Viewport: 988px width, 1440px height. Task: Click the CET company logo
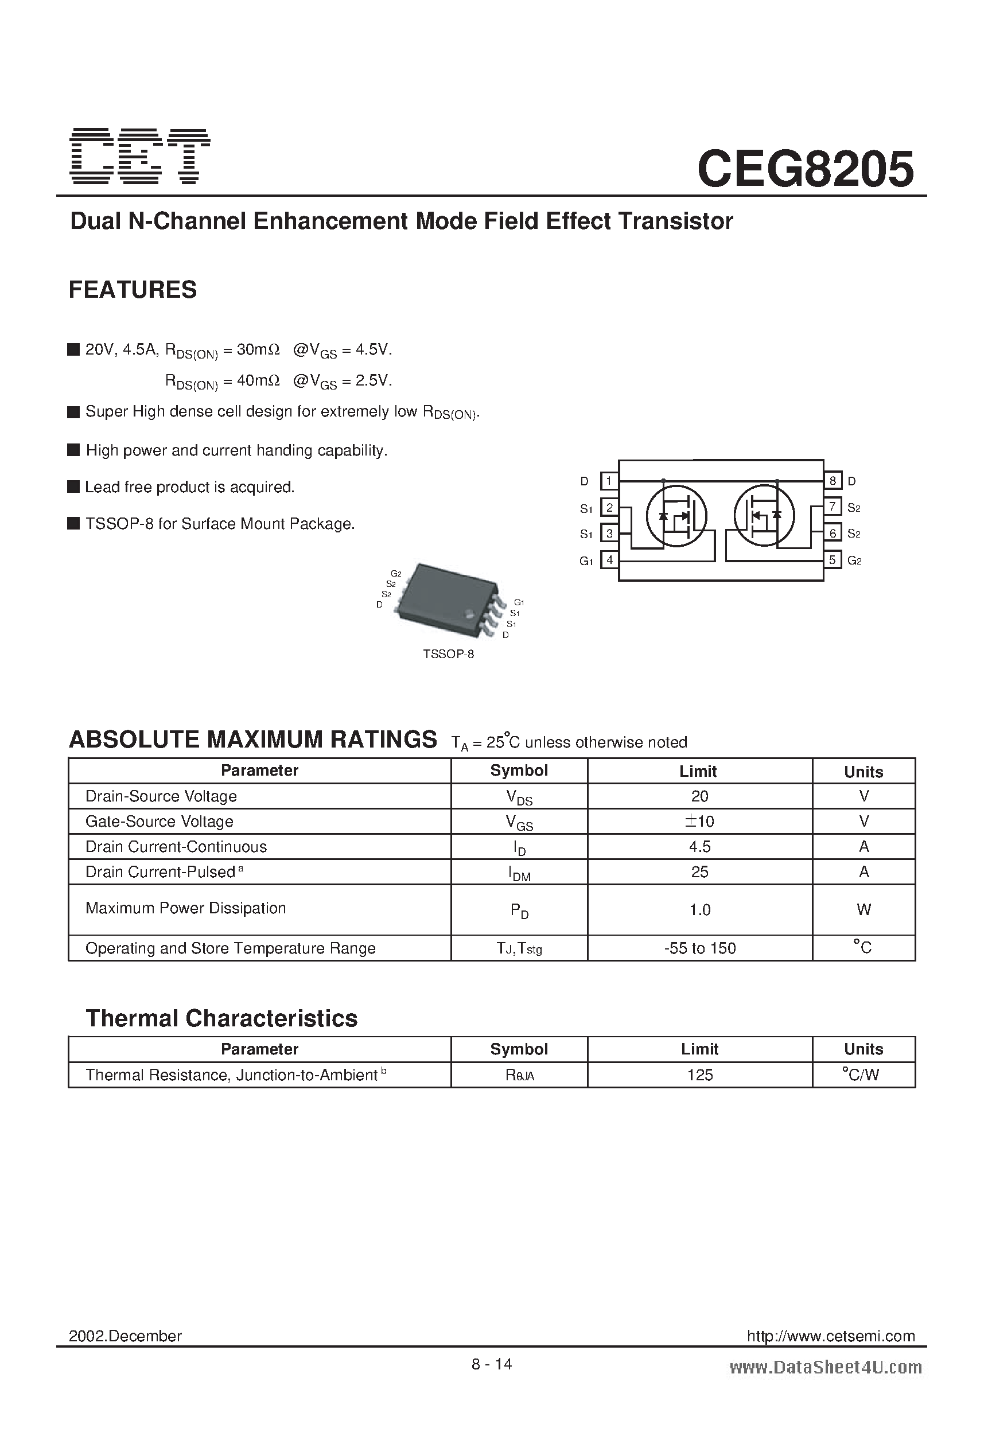[x=140, y=156]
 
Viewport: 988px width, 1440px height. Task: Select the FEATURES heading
[x=133, y=290]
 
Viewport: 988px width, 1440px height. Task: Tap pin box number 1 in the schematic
[x=609, y=481]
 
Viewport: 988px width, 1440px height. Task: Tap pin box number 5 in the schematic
[x=833, y=560]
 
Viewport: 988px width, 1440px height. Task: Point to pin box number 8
[x=833, y=481]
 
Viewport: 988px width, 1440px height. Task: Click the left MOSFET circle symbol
[x=676, y=516]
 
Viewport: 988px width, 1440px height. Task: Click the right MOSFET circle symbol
[x=764, y=516]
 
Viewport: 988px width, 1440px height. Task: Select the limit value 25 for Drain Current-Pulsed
[x=699, y=873]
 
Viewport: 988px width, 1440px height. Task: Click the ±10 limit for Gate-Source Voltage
[x=699, y=822]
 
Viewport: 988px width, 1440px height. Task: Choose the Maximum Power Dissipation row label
[x=186, y=908]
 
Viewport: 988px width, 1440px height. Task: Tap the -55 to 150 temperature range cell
[x=699, y=949]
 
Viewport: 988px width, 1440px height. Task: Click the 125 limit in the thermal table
[x=700, y=1075]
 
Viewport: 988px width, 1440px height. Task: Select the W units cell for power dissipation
[x=863, y=909]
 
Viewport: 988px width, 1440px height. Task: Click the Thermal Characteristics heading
[x=221, y=1019]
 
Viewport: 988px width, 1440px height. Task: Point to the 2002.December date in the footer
[x=125, y=1337]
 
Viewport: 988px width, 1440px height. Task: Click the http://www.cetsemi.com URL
[x=831, y=1337]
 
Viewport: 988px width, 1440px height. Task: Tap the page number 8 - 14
[x=492, y=1364]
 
